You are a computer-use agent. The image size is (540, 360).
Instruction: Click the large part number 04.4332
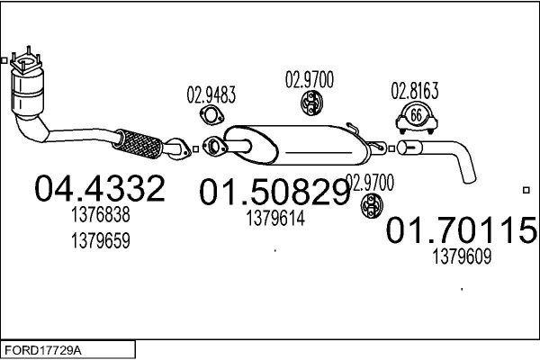click(100, 188)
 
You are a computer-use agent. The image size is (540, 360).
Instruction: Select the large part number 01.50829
click(274, 192)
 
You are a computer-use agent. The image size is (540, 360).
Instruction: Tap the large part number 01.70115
click(462, 229)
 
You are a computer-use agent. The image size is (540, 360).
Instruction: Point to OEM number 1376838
click(101, 214)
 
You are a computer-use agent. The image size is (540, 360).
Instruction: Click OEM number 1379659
click(101, 240)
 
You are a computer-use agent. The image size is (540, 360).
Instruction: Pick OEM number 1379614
click(275, 218)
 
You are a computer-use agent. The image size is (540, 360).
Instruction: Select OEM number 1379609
click(462, 256)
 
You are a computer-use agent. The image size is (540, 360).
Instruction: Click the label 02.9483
click(211, 94)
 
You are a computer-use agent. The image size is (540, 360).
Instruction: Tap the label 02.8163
click(415, 91)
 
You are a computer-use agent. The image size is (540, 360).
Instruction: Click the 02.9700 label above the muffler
click(310, 79)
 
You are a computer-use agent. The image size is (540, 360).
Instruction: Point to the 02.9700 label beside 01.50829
click(370, 183)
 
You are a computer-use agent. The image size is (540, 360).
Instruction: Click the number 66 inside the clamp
click(417, 115)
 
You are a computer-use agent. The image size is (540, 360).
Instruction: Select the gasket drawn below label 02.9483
click(211, 116)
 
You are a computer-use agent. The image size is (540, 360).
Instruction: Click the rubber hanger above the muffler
click(311, 103)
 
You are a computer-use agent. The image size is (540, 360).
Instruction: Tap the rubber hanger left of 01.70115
click(372, 206)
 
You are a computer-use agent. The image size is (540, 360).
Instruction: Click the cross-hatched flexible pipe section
click(137, 144)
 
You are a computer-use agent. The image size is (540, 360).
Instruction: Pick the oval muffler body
click(296, 145)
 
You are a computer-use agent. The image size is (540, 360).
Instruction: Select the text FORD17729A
click(42, 351)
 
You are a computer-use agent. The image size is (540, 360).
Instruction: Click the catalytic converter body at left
click(28, 93)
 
